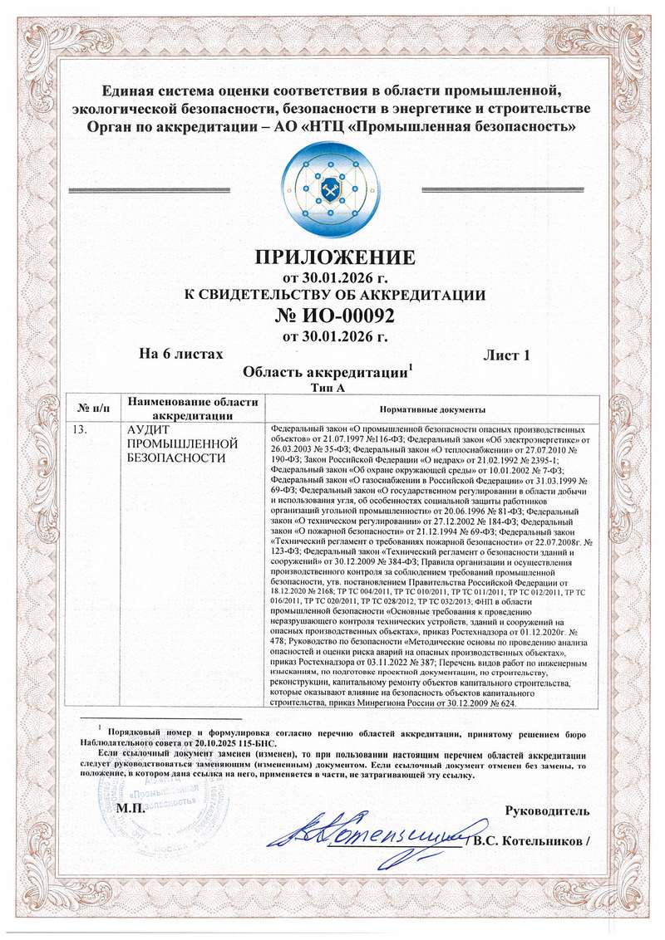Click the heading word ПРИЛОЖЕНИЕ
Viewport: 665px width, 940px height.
tap(332, 255)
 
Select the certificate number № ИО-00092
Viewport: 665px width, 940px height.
tap(332, 316)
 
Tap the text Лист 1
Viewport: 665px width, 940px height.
tap(506, 355)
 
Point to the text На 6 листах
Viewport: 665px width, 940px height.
tap(180, 355)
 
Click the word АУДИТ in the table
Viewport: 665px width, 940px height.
tap(145, 430)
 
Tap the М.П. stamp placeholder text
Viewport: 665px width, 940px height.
tap(131, 810)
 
